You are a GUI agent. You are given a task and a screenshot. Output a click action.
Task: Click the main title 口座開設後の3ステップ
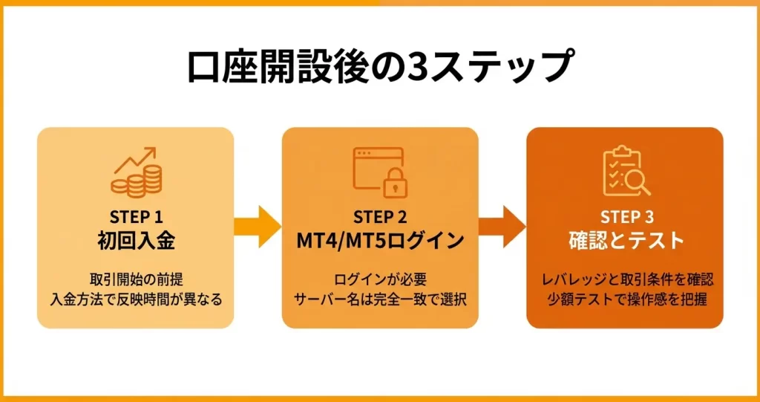point(379,67)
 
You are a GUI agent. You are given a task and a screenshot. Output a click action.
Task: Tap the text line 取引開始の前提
point(135,280)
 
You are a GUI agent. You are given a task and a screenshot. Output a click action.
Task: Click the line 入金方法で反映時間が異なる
point(135,300)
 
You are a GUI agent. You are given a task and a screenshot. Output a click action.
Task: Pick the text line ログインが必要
point(379,280)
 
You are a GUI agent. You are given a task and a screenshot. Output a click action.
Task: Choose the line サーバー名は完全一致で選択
point(379,300)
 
